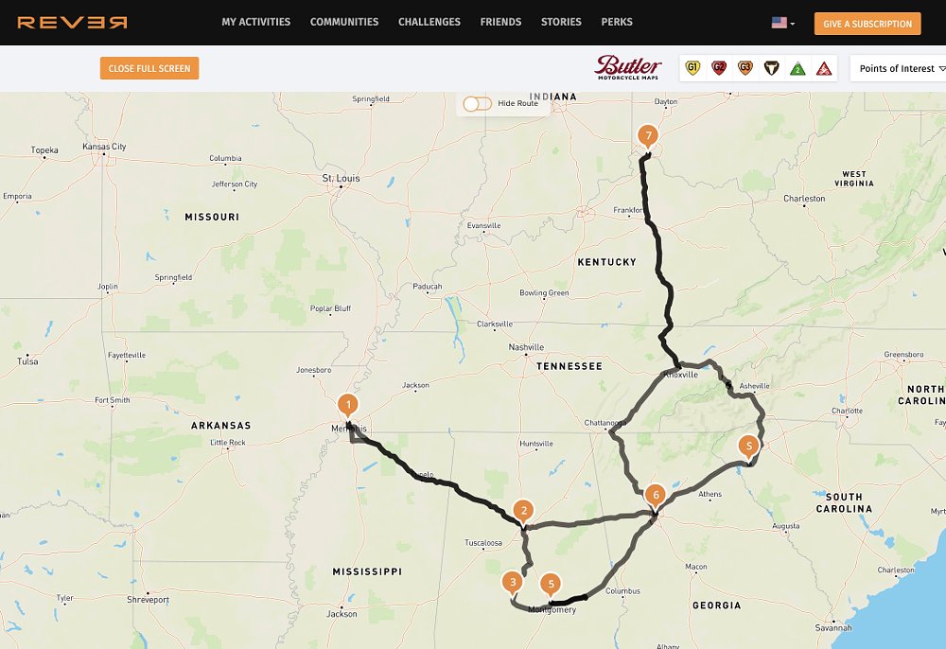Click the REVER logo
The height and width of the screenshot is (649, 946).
(x=72, y=22)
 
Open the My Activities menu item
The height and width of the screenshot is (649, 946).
(x=255, y=22)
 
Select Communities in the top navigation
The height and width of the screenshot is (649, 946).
(x=344, y=22)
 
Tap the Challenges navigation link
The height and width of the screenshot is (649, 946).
(x=429, y=22)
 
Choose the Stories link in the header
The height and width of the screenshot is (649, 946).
(x=561, y=22)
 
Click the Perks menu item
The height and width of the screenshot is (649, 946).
(x=617, y=22)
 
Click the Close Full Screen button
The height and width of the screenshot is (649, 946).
(x=149, y=68)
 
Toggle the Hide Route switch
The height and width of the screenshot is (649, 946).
(x=478, y=103)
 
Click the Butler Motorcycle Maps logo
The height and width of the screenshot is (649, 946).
(x=628, y=67)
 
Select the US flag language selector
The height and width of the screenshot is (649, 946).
(x=782, y=23)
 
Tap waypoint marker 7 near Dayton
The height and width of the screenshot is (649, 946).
(x=647, y=136)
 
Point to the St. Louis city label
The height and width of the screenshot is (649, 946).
(x=341, y=178)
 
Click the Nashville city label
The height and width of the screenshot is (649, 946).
(x=526, y=347)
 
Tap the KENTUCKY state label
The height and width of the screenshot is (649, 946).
(x=606, y=261)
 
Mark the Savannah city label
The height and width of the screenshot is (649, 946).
(x=833, y=627)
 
